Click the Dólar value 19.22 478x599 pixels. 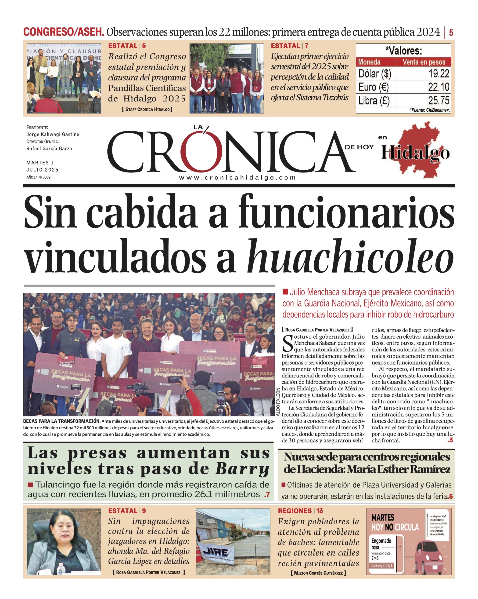[438, 74]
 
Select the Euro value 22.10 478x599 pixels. [438, 87]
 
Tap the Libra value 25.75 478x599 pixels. [438, 101]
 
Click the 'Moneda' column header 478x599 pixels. [369, 62]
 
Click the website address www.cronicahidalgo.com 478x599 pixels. [237, 178]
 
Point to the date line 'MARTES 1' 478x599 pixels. [40, 163]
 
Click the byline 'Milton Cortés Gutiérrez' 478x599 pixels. [318, 573]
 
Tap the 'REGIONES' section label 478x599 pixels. [295, 511]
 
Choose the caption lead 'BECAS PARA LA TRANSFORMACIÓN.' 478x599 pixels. [62, 421]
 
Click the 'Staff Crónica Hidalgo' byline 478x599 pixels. [147, 109]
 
